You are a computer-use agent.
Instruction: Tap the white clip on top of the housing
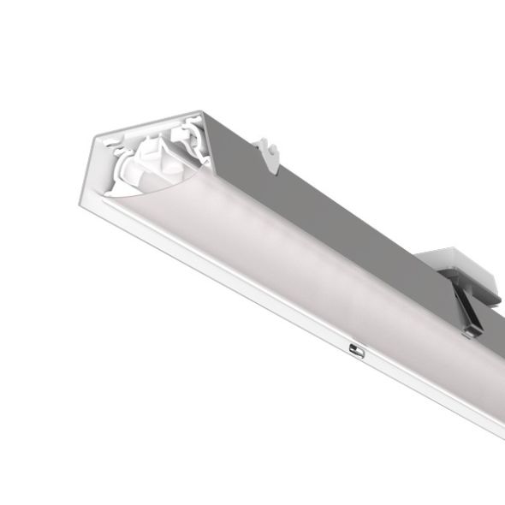(268, 151)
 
